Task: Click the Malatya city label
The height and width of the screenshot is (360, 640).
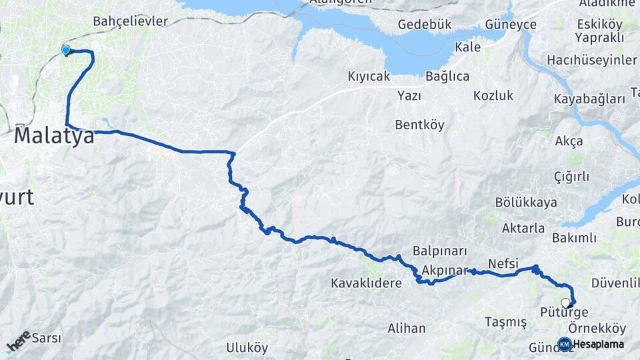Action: pos(54,136)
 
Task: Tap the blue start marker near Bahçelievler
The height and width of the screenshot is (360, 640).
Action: pos(65,50)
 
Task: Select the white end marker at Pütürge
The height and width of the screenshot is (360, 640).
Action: pos(566,303)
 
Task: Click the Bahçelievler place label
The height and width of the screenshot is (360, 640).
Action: pos(130,21)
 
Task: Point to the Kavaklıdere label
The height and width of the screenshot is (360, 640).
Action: pos(366,283)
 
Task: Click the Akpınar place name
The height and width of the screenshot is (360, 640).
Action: pos(445,271)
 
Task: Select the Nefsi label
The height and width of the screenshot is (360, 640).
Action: pos(503,263)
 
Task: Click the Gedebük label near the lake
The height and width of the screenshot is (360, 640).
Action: pos(425,24)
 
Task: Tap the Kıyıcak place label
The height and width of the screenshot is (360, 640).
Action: pos(369,76)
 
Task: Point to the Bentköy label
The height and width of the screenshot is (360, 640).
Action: pos(419,125)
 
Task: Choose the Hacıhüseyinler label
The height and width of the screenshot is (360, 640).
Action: pos(592,60)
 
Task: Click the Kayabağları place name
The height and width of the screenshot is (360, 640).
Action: pos(590,99)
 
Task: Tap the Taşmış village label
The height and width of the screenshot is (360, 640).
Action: pos(505,323)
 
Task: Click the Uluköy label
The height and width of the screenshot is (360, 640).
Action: pos(247,347)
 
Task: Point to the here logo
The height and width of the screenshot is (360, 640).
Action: pos(19,341)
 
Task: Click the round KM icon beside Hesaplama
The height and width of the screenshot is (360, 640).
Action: pos(564,344)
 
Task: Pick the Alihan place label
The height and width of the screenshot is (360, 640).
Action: pos(407,328)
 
